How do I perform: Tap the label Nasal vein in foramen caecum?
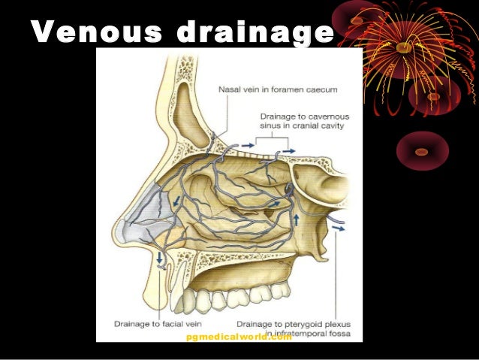(277, 89)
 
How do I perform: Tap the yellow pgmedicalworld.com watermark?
(238, 337)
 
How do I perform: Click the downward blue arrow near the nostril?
(160, 259)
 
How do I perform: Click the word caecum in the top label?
(321, 89)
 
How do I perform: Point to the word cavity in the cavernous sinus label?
(331, 136)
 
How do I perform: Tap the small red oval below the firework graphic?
(421, 151)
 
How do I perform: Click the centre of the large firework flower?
(404, 47)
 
